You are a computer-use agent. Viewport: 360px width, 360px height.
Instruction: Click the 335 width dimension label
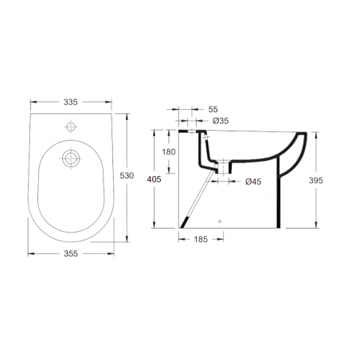click(71, 102)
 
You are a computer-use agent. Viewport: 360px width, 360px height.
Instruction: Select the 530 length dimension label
click(127, 175)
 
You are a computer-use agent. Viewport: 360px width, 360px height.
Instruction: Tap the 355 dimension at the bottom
click(71, 253)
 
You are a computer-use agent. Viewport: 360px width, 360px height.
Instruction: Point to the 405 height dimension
click(154, 179)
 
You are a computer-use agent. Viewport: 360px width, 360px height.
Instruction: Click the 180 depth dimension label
click(169, 152)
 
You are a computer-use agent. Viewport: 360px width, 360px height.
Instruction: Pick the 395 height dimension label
click(316, 181)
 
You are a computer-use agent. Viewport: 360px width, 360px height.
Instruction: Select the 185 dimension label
click(201, 240)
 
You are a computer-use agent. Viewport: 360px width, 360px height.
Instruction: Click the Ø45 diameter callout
click(253, 182)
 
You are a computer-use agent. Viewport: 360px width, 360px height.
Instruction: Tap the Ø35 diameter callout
click(221, 121)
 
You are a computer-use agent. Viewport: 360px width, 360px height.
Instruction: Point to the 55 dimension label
click(213, 109)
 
